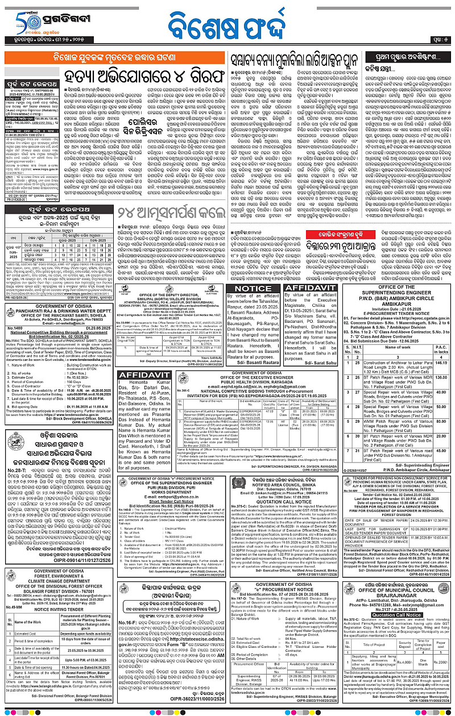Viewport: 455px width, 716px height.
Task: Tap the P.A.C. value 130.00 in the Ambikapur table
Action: (x=440, y=378)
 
